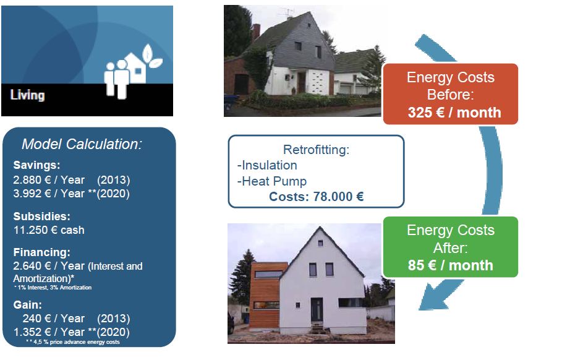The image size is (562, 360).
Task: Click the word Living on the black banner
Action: point(28,95)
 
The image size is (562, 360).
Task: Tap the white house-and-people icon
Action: point(133,71)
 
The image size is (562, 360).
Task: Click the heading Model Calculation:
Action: point(82,144)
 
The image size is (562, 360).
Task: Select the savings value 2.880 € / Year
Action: point(49,179)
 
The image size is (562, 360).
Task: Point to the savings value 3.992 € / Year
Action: point(49,193)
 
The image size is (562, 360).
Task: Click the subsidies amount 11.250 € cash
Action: point(49,230)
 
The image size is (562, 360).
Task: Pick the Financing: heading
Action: point(41,252)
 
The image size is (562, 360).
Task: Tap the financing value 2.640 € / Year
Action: point(49,266)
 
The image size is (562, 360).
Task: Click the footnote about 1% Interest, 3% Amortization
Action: point(53,288)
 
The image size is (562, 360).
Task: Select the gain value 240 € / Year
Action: point(53,319)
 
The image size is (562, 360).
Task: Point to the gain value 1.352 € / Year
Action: point(49,332)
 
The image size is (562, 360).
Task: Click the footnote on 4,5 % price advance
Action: point(73,342)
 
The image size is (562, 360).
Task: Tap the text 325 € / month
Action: point(454,113)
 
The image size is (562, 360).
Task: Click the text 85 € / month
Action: point(450,265)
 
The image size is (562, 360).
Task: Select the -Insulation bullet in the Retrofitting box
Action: point(267,165)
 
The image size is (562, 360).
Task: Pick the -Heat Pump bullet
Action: point(271,181)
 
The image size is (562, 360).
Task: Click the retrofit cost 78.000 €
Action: point(338,197)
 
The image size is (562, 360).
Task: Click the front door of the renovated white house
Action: point(317,309)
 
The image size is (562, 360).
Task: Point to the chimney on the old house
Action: point(256,33)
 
